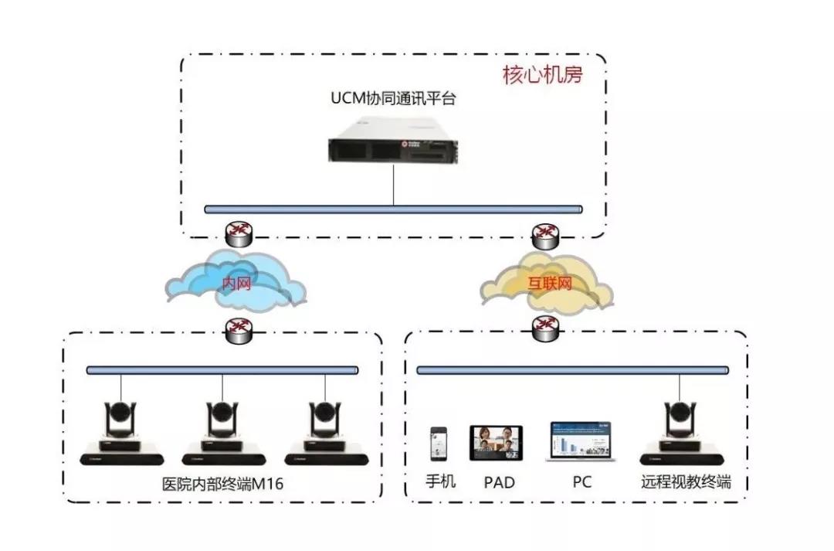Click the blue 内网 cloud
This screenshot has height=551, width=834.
236,284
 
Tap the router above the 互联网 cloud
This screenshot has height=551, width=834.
548,233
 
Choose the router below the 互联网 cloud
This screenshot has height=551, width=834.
548,331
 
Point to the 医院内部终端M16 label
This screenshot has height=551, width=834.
223,483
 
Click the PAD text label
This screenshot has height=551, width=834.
499,483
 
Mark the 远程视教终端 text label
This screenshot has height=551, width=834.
686,482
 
